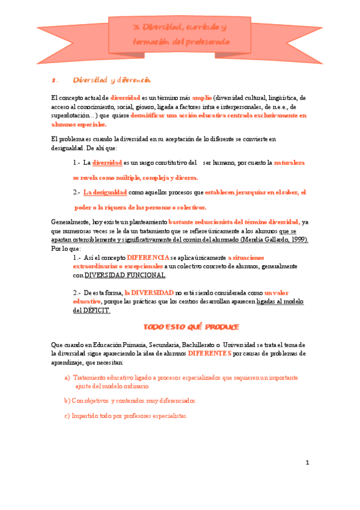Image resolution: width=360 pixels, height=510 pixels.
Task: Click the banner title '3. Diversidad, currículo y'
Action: [180, 28]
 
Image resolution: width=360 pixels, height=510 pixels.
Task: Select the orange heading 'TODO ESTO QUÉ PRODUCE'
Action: [191, 327]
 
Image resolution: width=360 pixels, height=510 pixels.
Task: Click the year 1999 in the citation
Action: [297, 239]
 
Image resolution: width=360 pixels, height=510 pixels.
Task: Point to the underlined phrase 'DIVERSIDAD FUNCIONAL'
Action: [124, 275]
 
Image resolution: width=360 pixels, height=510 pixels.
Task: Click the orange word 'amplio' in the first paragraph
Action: [201, 97]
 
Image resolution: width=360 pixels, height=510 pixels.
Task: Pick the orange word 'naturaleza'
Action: [288, 163]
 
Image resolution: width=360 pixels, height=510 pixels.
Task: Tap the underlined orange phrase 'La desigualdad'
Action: [105, 193]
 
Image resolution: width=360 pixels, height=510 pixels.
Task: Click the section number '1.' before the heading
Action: [54, 80]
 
